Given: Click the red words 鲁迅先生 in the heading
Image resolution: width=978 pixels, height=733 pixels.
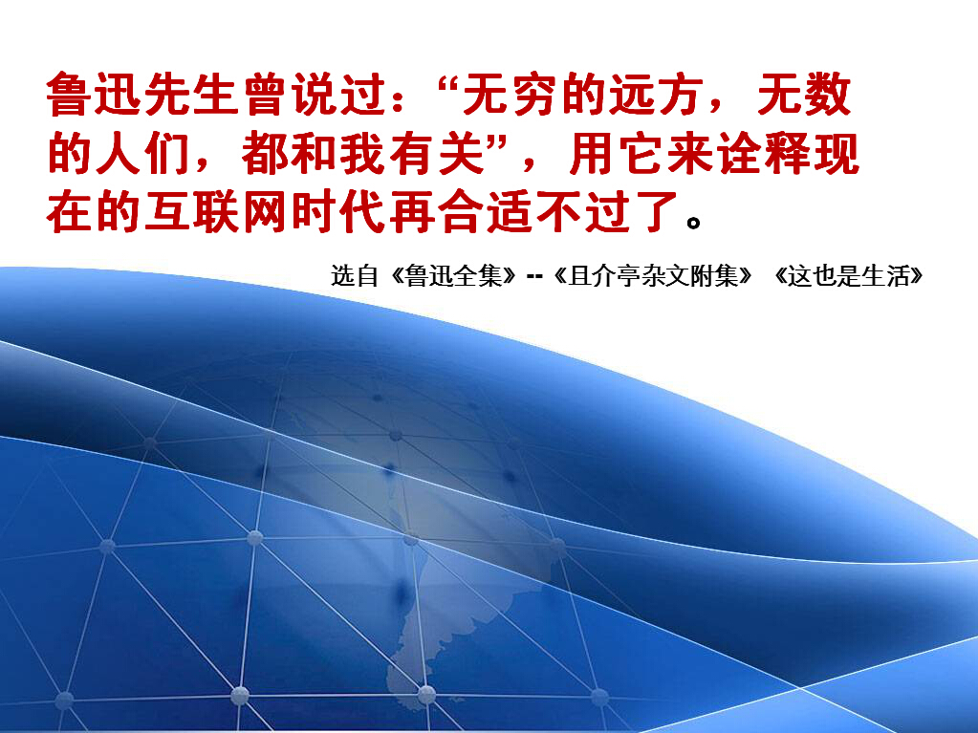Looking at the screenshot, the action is tap(142, 95).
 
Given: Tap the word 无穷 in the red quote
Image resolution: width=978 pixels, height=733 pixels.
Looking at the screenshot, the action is tap(511, 95).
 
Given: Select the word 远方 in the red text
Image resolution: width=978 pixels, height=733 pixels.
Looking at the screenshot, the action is tap(656, 95).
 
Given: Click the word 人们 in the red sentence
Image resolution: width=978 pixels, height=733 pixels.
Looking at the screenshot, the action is tap(142, 153).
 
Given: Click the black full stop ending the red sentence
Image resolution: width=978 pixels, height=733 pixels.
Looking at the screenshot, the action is tap(693, 222).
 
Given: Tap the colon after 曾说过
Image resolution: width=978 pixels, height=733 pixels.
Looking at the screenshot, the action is tap(400, 99).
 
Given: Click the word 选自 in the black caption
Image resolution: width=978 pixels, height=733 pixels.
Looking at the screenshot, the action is tap(355, 275).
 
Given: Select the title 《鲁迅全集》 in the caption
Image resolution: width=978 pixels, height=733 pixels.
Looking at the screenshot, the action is tap(453, 275).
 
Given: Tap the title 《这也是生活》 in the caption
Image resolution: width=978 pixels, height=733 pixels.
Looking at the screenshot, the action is tap(848, 275).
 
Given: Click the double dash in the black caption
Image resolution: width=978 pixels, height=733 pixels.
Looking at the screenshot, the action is tap(534, 275).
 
